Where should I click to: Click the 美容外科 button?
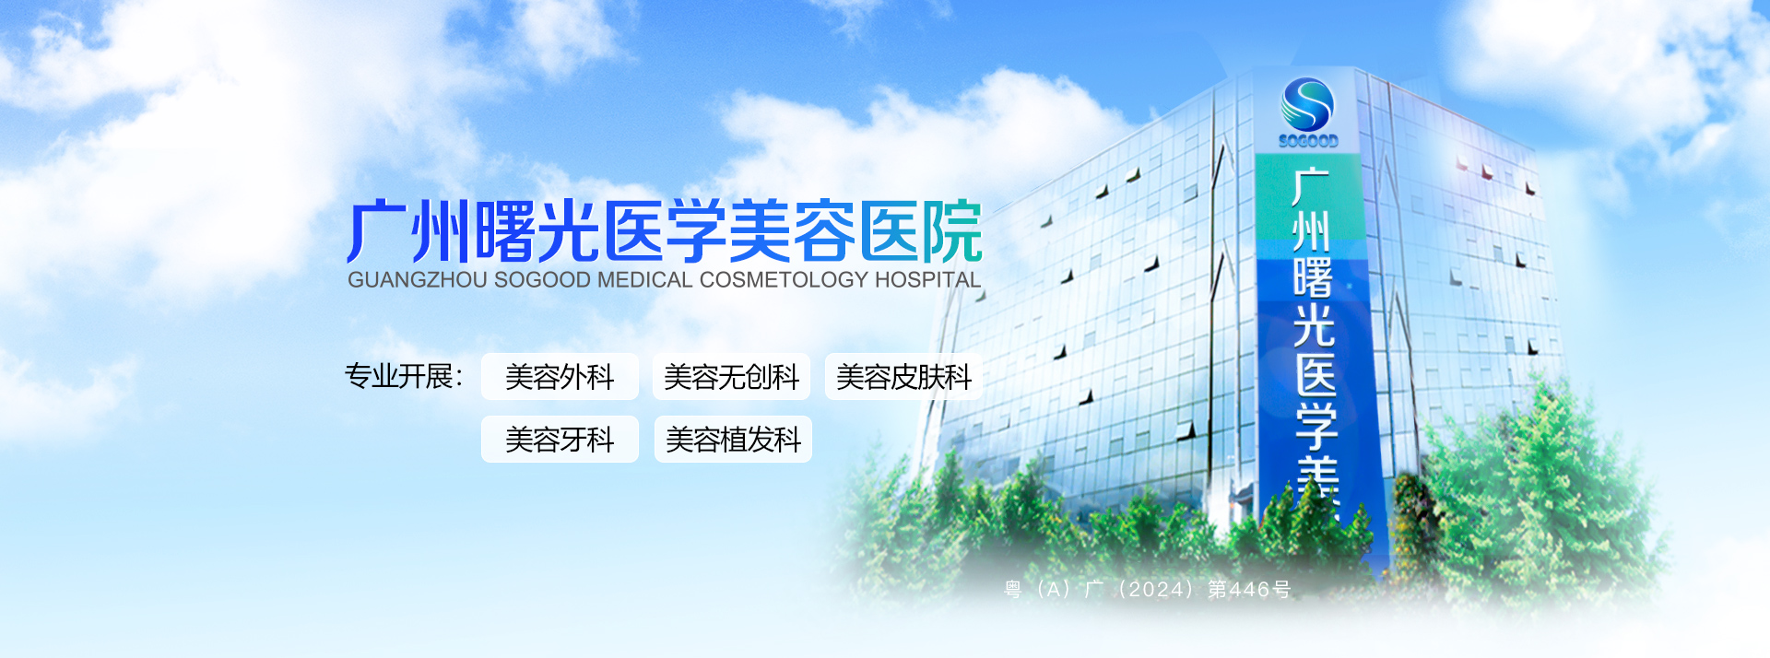tap(560, 376)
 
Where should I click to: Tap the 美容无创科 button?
tap(731, 376)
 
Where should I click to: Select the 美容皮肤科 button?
tap(903, 376)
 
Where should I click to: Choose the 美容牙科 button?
tap(560, 439)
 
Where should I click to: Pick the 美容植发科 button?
tap(733, 439)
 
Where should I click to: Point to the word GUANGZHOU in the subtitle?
tap(418, 280)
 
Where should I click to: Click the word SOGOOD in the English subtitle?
tap(543, 280)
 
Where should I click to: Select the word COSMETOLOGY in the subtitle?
tap(785, 280)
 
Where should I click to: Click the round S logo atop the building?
tap(1307, 103)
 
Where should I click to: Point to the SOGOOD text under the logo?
tap(1308, 141)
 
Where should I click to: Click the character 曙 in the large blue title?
tap(505, 232)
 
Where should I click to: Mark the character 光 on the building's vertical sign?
tap(1314, 325)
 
